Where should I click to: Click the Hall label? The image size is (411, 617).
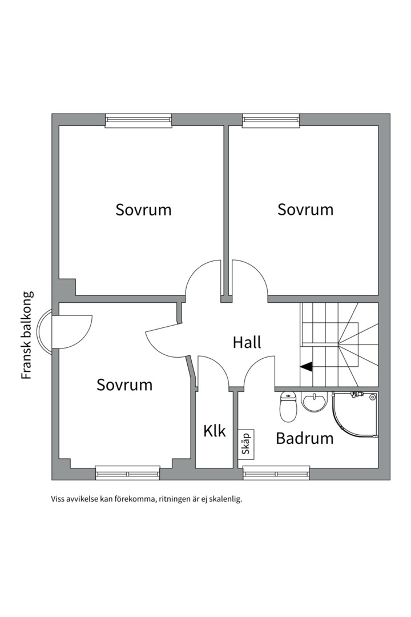247,342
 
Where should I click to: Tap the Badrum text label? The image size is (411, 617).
304,438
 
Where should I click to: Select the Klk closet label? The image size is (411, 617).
215,430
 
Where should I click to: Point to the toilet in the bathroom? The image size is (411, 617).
288,407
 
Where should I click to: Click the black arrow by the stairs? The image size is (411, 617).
307,367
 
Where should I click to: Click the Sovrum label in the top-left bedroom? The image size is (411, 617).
143,210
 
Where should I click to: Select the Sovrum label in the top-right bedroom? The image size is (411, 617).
305,210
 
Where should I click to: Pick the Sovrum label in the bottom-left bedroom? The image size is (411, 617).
124,384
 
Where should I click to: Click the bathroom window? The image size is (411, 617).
276,473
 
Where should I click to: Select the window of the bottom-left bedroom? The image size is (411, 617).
128,473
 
